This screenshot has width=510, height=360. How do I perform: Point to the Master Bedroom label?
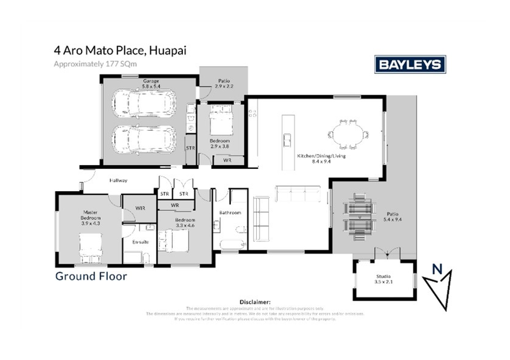pos(91,217)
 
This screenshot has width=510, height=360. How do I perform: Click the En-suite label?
pos(140,243)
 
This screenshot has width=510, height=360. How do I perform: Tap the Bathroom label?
pos(229,212)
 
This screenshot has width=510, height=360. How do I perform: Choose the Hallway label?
pos(118,180)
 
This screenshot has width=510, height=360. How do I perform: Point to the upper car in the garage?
pos(143,102)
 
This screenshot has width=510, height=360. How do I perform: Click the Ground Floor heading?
pos(91,277)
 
